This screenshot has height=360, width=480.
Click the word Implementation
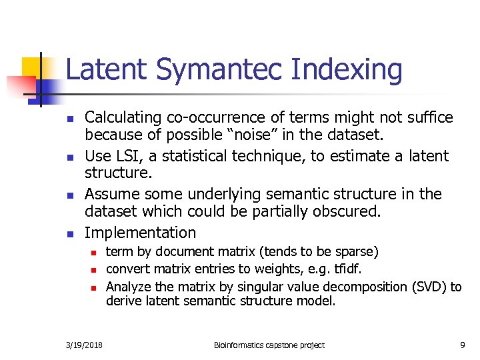coord(141,233)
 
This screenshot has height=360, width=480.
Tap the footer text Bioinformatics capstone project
coord(269,345)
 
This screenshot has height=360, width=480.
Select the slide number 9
coord(462,345)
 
